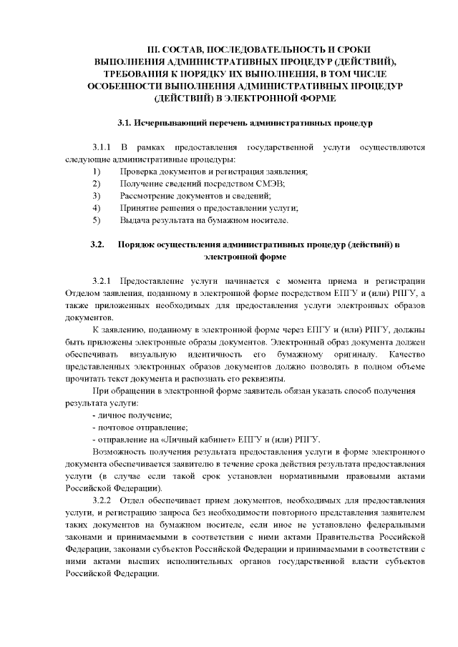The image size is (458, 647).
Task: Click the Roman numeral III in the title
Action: (154, 51)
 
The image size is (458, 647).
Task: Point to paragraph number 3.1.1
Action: (106, 147)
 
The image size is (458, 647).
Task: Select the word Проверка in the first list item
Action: (138, 172)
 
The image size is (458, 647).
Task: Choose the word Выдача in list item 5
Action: (135, 220)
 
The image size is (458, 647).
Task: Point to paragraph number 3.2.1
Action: (106, 280)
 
